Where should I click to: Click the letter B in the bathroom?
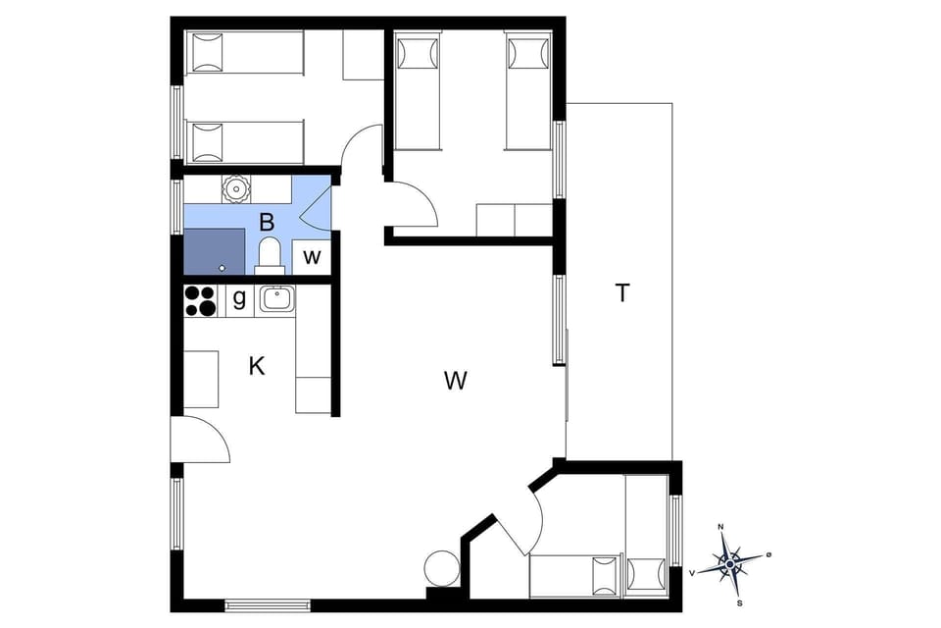[267, 223]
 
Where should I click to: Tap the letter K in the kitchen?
[257, 366]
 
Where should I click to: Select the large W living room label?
[454, 381]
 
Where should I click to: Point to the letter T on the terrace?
[621, 292]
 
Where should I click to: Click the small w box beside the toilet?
[312, 257]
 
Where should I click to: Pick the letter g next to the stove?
[238, 299]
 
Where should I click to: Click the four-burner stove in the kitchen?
[201, 300]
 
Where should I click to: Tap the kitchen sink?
[277, 298]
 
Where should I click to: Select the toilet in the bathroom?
[269, 255]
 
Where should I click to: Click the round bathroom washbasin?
[236, 187]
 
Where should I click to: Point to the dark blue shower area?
[214, 251]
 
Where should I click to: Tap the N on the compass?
[721, 528]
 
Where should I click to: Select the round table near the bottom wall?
[441, 569]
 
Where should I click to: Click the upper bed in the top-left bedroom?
[245, 51]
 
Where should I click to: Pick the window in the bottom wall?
[268, 604]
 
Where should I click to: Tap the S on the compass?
[739, 602]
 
